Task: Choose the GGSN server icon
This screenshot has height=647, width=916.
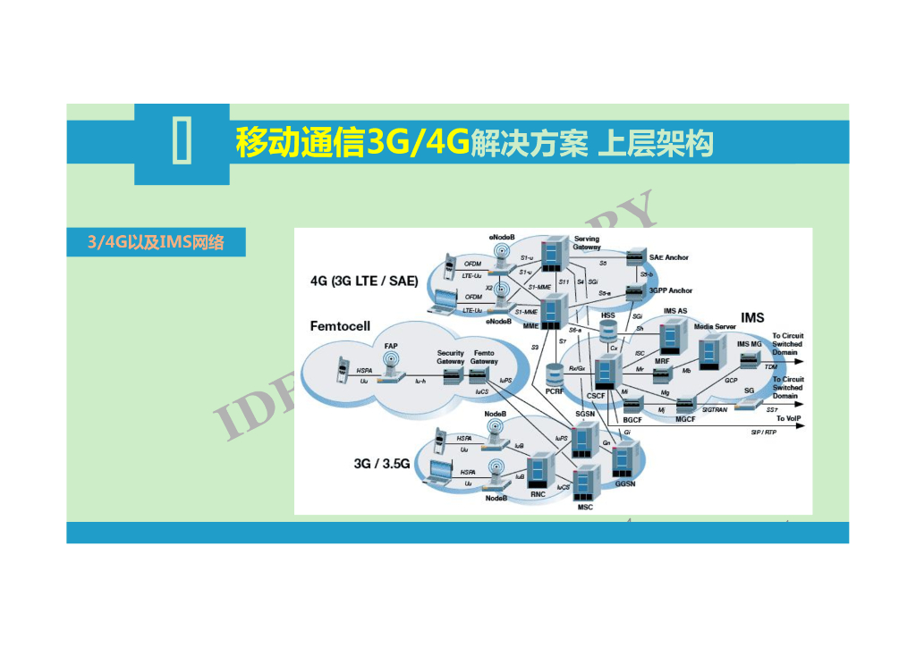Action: [623, 459]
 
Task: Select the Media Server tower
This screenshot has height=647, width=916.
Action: [709, 349]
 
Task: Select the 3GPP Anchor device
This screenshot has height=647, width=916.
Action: [636, 291]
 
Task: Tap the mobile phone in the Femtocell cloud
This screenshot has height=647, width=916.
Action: [340, 370]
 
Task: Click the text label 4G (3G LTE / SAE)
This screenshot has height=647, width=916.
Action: [364, 281]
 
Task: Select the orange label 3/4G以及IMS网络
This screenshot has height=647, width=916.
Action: [156, 242]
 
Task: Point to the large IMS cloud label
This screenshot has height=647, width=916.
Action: [752, 318]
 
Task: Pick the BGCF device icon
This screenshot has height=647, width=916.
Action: [632, 407]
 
